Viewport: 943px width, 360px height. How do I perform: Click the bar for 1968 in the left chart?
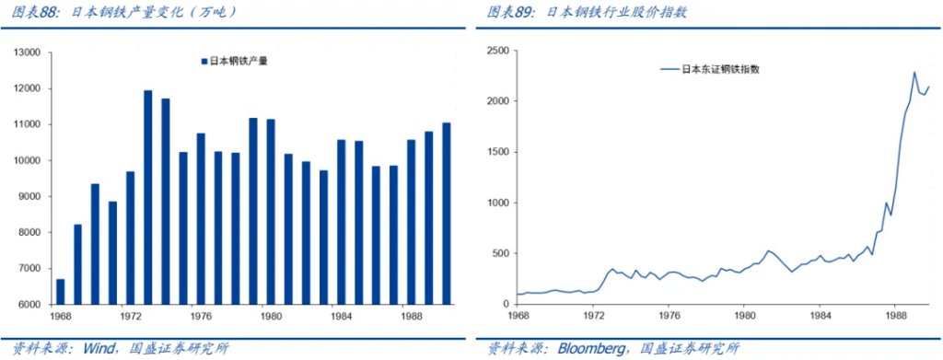(x=60, y=291)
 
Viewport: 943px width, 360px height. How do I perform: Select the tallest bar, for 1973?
(x=147, y=197)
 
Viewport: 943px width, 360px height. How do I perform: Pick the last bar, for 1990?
(x=447, y=214)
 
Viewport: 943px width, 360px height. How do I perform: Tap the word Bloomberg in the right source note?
(x=590, y=348)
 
